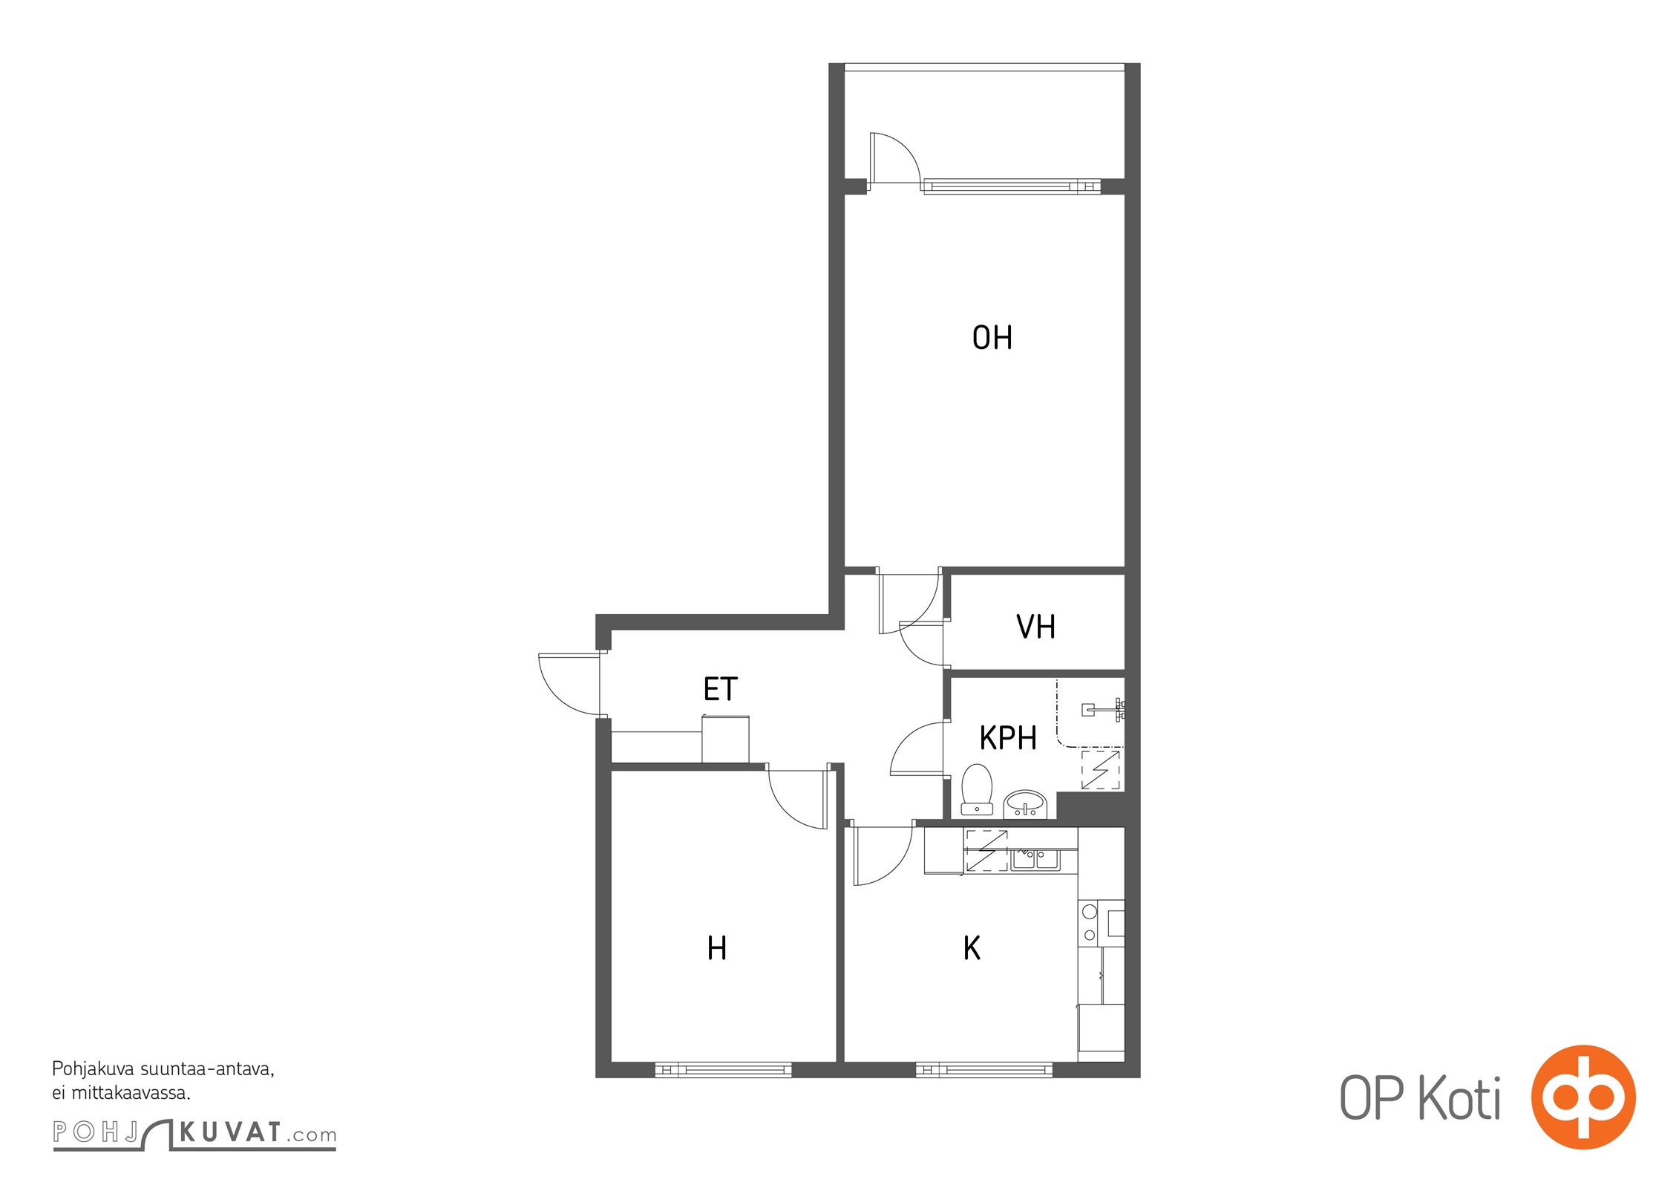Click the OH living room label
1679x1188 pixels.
tap(992, 338)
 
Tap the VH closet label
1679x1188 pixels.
tap(1035, 627)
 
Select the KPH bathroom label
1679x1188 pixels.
tap(1007, 738)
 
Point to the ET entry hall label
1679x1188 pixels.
tap(720, 689)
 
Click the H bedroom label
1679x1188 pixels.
tap(716, 948)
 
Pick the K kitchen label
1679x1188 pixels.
tap(971, 948)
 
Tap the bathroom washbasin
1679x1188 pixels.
tap(1025, 803)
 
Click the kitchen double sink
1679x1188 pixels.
tap(1035, 860)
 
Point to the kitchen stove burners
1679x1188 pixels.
tap(1090, 923)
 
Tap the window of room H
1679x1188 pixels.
tap(723, 1070)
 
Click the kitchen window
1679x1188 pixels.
tap(983, 1070)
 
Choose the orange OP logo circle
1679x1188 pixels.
tap(1583, 1097)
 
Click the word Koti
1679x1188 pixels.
tap(1459, 1099)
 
